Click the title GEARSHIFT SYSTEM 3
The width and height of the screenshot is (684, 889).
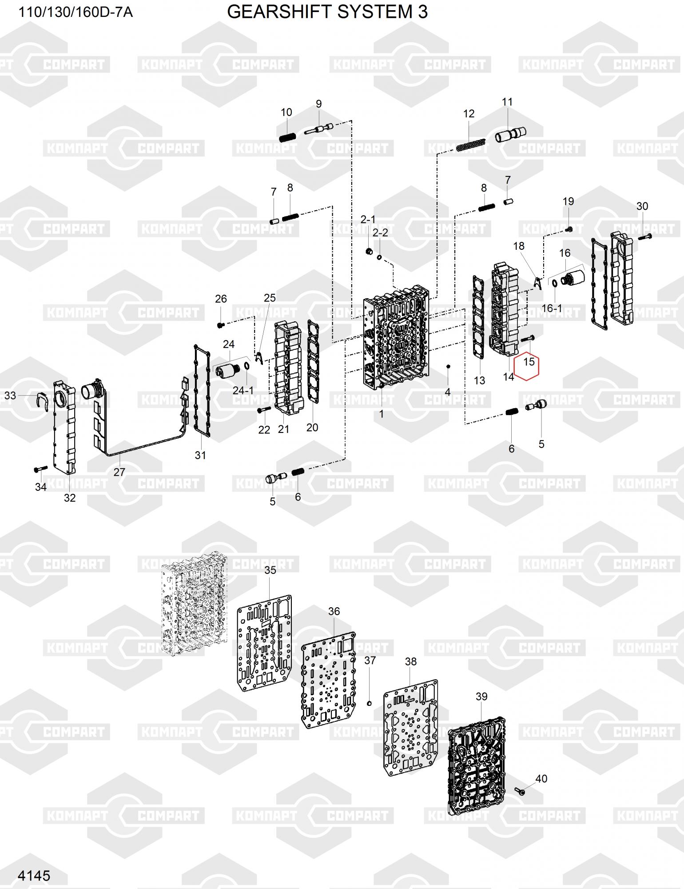pos(327,12)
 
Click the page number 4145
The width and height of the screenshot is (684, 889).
pos(34,875)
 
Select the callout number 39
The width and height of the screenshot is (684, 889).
pos(481,697)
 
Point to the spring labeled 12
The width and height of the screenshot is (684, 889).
pos(471,145)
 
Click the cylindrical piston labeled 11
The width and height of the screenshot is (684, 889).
pos(510,134)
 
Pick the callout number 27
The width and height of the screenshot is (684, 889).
pos(119,472)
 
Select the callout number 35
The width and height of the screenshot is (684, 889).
pos(270,570)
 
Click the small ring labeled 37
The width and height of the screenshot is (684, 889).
pos(369,703)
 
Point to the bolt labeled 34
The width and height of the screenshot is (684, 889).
pos(40,469)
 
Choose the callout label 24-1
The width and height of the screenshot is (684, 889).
pos(243,390)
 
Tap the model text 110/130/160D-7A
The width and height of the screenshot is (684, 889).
pos(75,12)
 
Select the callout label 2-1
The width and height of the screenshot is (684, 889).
pos(368,219)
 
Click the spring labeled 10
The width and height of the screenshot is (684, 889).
pos(287,137)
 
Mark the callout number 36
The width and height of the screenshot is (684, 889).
pos(334,611)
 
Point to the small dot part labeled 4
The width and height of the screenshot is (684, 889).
pos(449,366)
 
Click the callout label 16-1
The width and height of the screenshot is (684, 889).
pos(552,308)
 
